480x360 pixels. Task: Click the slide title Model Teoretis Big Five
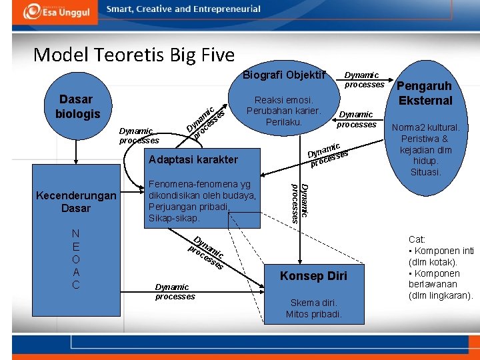(x=134, y=54)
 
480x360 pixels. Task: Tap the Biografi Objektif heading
(x=283, y=74)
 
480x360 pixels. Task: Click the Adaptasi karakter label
(x=193, y=160)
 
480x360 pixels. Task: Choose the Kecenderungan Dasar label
(x=76, y=202)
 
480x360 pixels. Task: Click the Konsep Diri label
(x=313, y=276)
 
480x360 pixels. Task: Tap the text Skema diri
(x=313, y=303)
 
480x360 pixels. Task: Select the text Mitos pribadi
(x=313, y=314)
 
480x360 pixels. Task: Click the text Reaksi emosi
(x=284, y=100)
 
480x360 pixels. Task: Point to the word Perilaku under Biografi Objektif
(x=284, y=122)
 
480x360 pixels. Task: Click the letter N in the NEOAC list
(x=76, y=234)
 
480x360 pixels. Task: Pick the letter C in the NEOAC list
(x=76, y=285)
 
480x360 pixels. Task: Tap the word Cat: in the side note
(x=417, y=239)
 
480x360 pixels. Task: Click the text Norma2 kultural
(x=425, y=127)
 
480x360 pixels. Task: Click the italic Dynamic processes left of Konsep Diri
(x=175, y=291)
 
